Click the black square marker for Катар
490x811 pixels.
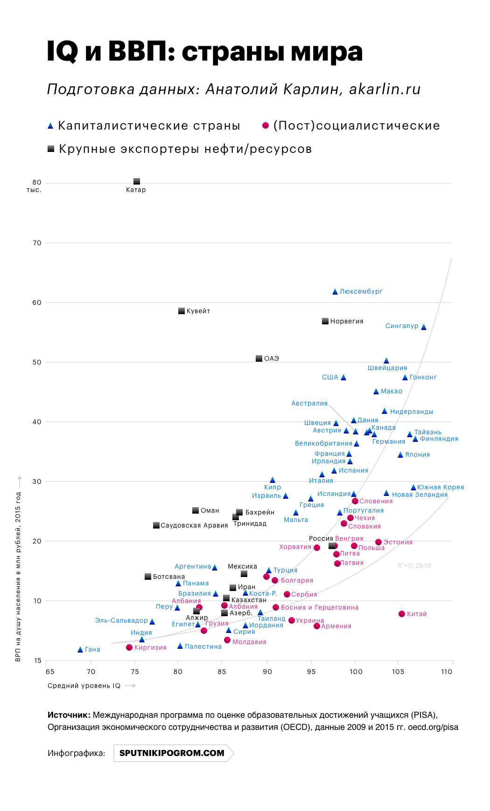point(137,181)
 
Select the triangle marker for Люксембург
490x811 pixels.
point(335,292)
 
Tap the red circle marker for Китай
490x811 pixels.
point(402,614)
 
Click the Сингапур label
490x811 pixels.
point(402,326)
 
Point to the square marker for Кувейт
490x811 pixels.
point(182,311)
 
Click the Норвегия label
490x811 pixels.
point(347,321)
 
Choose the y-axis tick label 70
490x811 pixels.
point(37,243)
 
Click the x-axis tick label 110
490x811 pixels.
point(447,672)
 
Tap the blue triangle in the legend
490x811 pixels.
point(50,126)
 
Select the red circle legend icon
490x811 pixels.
point(266,125)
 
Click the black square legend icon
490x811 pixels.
point(51,149)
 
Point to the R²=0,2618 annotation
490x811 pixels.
point(414,565)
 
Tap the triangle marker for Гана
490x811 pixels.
point(80,649)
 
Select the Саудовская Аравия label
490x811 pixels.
point(194,525)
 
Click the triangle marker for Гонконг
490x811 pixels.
point(405,378)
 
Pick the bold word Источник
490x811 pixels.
point(69,715)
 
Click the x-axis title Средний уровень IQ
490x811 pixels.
point(84,686)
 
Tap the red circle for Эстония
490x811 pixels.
point(378,542)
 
